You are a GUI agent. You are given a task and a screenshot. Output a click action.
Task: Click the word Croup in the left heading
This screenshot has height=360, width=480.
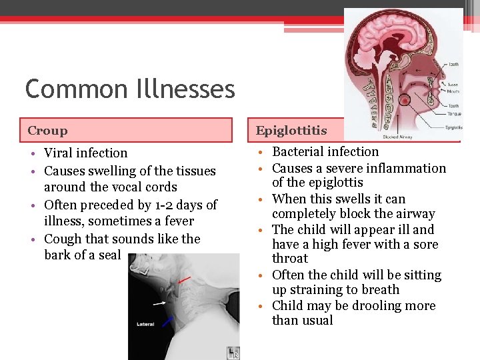pyautogui.click(x=47, y=131)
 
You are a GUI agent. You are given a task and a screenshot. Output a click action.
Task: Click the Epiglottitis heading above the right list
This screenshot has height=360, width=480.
pyautogui.click(x=291, y=131)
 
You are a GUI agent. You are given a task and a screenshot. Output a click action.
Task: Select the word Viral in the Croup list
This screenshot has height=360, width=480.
pyautogui.click(x=59, y=153)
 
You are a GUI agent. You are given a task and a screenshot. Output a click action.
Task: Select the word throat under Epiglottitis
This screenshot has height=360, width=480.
pyautogui.click(x=290, y=259)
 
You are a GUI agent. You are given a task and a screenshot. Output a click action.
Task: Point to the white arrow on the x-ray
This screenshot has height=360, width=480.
pyautogui.click(x=160, y=303)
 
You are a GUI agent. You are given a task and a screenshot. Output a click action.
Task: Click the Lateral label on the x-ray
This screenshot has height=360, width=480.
pyautogui.click(x=145, y=324)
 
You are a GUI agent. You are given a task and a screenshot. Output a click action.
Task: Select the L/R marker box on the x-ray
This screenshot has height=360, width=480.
pyautogui.click(x=233, y=351)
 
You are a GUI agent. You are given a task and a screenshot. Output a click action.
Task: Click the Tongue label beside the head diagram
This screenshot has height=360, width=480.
pyautogui.click(x=453, y=115)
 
